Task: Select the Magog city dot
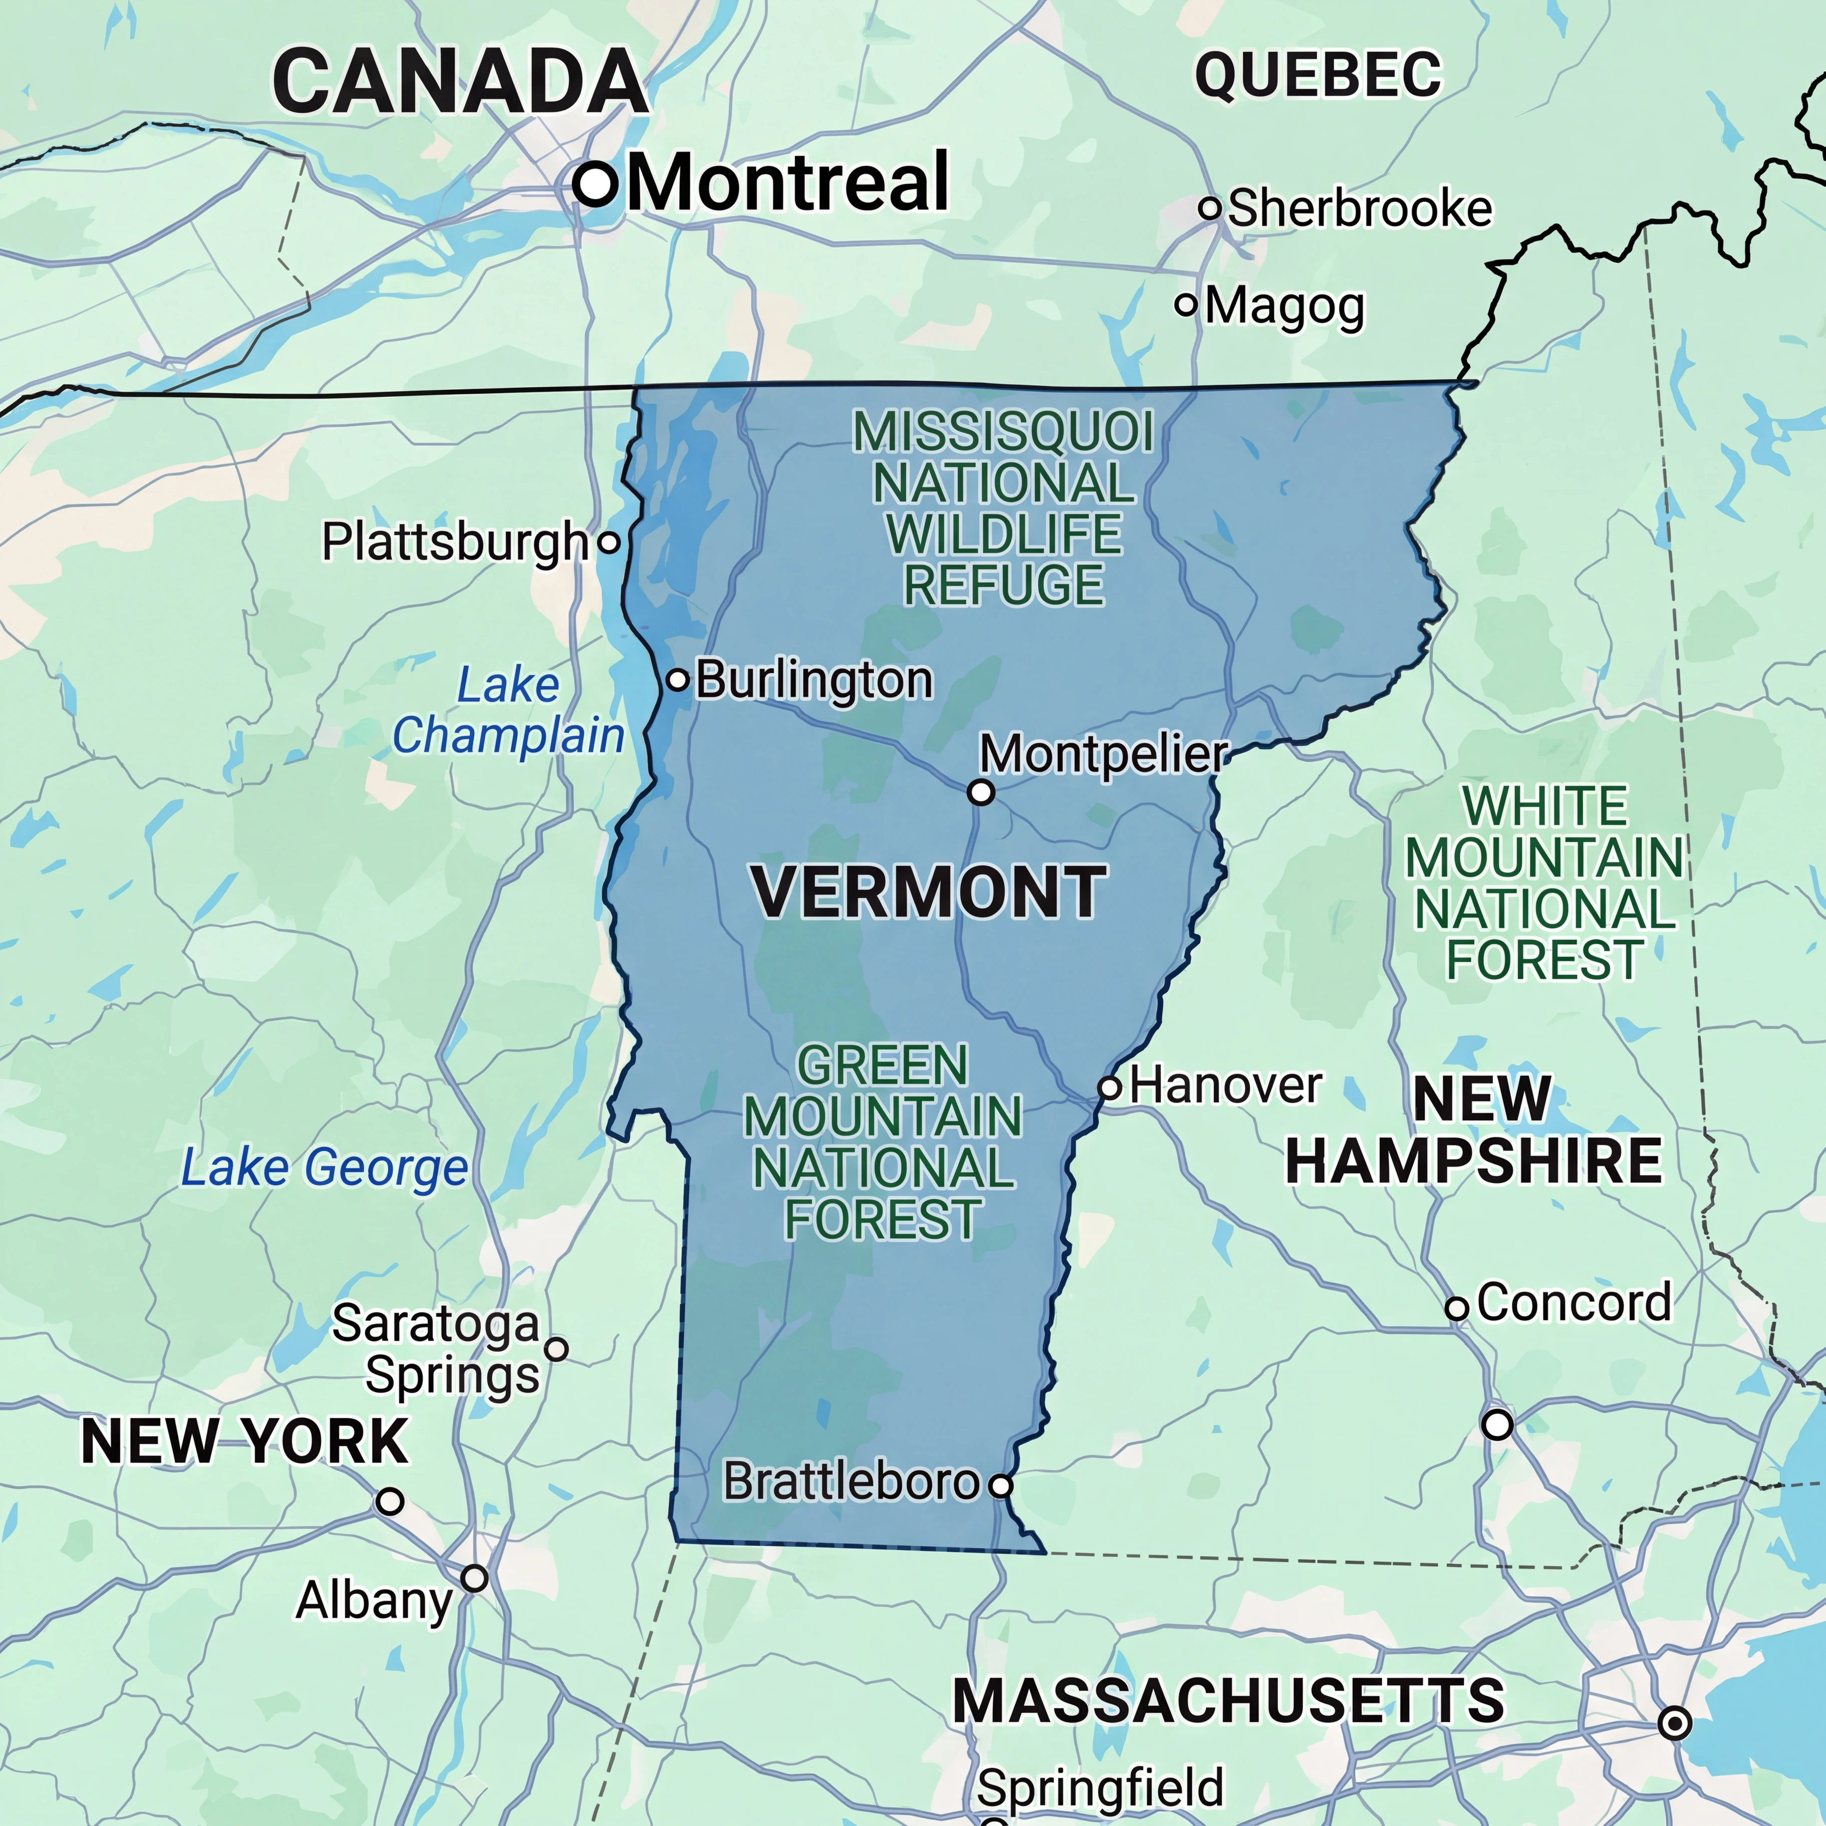tap(1186, 305)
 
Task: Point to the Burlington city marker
tap(678, 679)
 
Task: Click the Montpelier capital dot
tap(981, 792)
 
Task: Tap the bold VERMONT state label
tap(928, 892)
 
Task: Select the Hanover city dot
tap(1111, 1088)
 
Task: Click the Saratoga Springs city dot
tap(557, 1349)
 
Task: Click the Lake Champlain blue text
tap(508, 711)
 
